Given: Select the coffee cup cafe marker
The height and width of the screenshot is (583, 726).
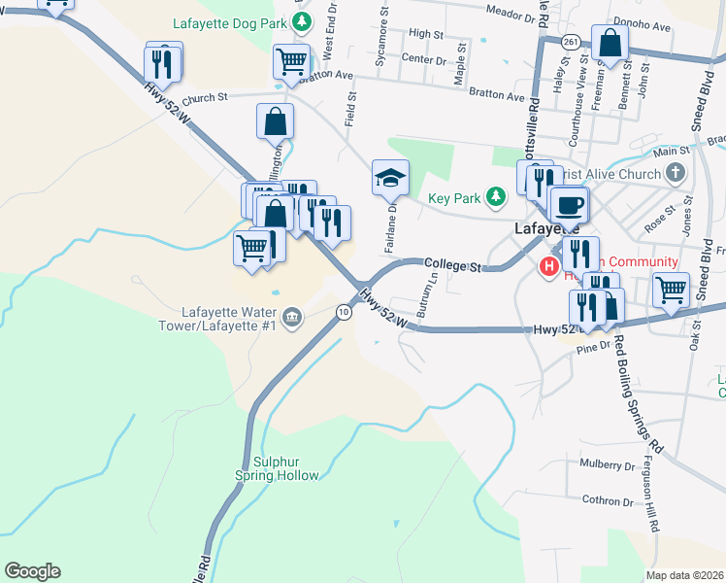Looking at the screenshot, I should point(569,205).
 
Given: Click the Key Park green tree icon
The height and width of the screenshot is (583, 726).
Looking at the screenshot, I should point(496,198).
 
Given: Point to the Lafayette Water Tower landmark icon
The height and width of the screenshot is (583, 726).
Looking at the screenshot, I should point(291,317).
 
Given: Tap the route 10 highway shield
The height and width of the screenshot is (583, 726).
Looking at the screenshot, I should point(344,312).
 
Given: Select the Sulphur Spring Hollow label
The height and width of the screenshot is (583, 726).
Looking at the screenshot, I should point(277,468).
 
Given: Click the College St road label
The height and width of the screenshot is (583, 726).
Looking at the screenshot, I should point(452,264).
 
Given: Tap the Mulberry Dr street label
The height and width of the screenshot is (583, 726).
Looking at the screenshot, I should point(608,465).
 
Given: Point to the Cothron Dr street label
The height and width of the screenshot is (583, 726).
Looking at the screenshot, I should point(608,501).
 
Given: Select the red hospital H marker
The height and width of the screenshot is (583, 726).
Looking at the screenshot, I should point(548,264).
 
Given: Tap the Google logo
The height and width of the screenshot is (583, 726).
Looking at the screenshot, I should point(32,571).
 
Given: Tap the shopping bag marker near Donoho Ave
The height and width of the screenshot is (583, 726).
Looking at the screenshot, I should point(610,43).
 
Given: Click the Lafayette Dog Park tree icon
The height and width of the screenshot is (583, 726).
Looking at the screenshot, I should point(304,20).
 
